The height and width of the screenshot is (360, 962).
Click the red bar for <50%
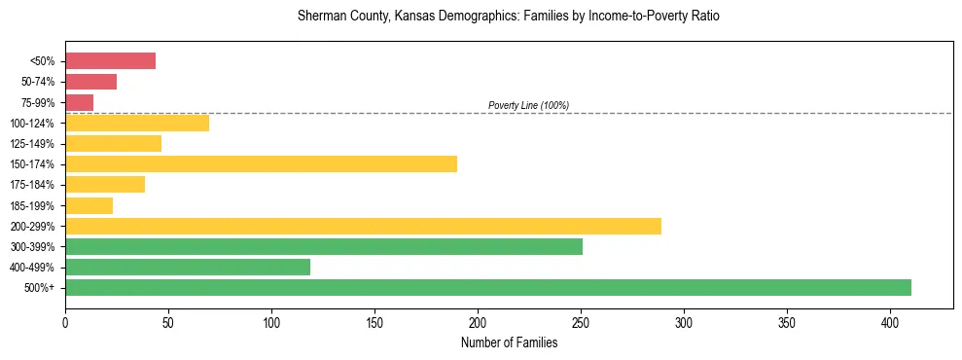pyautogui.click(x=110, y=61)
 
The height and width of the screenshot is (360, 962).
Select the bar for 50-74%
pyautogui.click(x=90, y=82)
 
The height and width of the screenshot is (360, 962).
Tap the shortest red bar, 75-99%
pyautogui.click(x=79, y=102)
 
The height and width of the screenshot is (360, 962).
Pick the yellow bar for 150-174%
pyautogui.click(x=261, y=163)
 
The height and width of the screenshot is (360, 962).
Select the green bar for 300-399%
pyautogui.click(x=324, y=246)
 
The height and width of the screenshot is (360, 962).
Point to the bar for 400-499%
pyautogui.click(x=188, y=267)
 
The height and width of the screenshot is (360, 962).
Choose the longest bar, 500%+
pyautogui.click(x=488, y=287)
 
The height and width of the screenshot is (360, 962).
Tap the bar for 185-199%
pyautogui.click(x=89, y=205)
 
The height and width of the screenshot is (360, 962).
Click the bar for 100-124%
pyautogui.click(x=137, y=123)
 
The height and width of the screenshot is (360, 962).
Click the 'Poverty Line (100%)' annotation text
pyautogui.click(x=528, y=105)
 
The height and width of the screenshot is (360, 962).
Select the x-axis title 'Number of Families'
pyautogui.click(x=509, y=342)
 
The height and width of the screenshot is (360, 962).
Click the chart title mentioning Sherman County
pyautogui.click(x=509, y=18)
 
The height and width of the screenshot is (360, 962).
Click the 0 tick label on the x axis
pyautogui.click(x=65, y=322)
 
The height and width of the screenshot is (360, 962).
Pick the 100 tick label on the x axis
pyautogui.click(x=271, y=322)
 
